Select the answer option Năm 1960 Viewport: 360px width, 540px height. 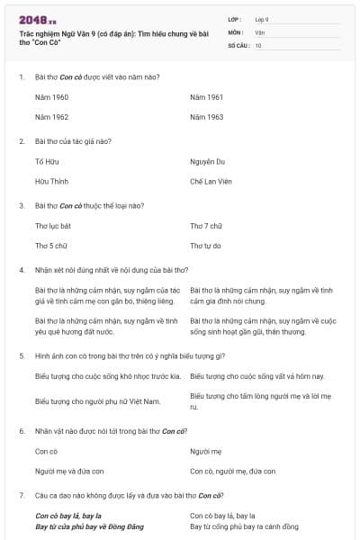click(51, 97)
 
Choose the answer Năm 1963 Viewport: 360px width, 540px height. click(207, 117)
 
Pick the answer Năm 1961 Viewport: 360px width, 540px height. click(207, 97)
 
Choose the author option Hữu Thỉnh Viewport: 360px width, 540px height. click(49, 182)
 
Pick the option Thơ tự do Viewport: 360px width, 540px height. click(206, 246)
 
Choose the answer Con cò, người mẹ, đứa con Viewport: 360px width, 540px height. click(233, 472)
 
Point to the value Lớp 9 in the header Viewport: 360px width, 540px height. click(262, 19)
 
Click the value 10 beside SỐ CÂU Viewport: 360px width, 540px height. click(258, 44)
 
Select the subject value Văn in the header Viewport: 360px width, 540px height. click(259, 31)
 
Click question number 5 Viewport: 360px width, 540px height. click(22, 355)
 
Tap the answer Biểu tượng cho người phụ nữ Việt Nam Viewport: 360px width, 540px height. click(97, 400)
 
